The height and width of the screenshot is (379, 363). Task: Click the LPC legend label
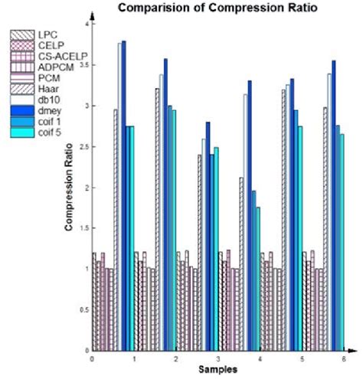coord(47,34)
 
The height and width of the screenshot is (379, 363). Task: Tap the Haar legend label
coord(47,89)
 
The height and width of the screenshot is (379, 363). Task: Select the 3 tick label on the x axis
coord(217,358)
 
